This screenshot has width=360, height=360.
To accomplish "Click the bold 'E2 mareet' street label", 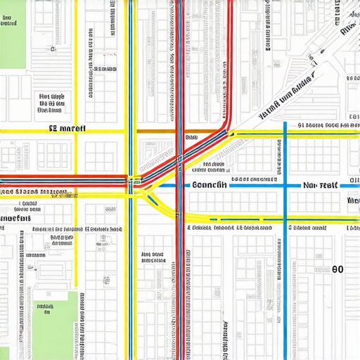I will [67, 129].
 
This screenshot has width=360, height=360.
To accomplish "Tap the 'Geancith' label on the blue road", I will [208, 186].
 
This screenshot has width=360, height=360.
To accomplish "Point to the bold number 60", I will [337, 269].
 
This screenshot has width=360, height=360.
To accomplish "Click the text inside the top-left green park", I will [8, 23].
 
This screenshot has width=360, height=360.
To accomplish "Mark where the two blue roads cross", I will [285, 186].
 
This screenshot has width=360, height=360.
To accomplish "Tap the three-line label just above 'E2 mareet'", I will [52, 103].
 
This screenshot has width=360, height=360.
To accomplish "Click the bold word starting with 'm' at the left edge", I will [15, 218].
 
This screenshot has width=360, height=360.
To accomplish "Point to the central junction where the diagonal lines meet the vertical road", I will [134, 183].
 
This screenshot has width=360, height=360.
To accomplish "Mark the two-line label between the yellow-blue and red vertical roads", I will [153, 257].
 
